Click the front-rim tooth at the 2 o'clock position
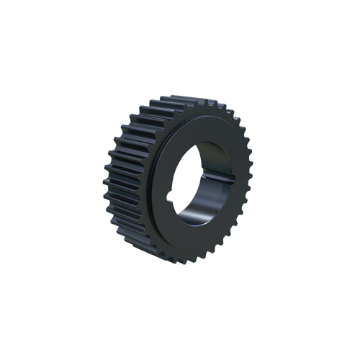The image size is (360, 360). point(241,133)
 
